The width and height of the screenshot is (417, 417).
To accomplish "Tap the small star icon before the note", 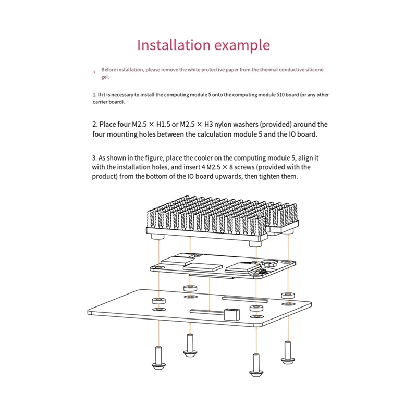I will tap(94, 71).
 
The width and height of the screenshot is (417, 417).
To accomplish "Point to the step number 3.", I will tap(94, 157).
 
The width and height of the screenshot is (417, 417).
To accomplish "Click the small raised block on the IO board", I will tap(230, 315).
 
